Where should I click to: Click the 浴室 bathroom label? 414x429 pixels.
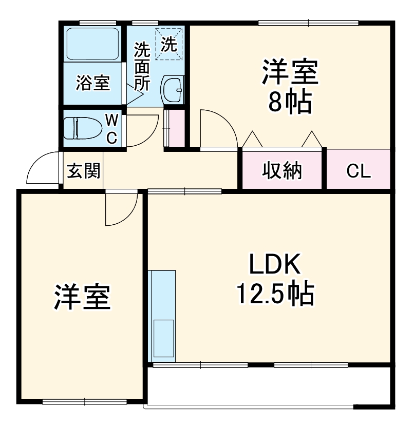[93, 83]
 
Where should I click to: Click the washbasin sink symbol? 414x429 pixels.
[173, 90]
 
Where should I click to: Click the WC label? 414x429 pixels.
[112, 129]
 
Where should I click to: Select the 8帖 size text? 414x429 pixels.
[290, 103]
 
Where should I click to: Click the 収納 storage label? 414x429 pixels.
[283, 170]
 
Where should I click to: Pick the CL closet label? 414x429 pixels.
[358, 171]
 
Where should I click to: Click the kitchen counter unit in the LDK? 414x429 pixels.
[162, 316]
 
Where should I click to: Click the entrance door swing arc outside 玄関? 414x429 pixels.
[41, 169]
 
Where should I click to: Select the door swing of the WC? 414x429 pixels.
[141, 130]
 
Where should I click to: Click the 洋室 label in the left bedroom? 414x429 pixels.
[82, 298]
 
